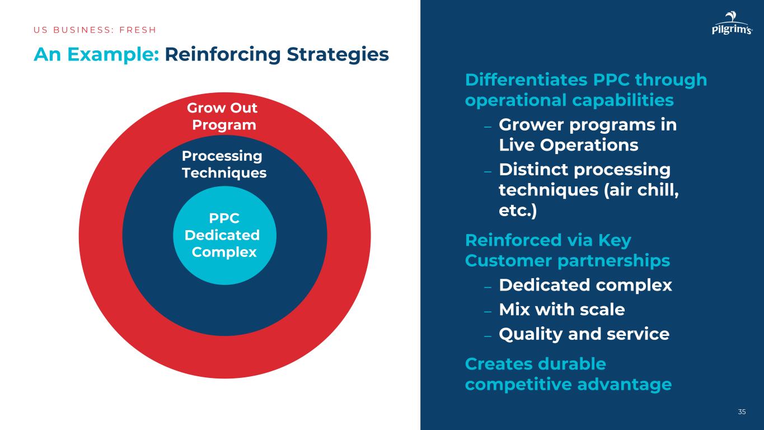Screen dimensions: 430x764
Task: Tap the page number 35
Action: point(742,412)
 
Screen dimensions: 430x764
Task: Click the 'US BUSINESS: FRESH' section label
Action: point(95,30)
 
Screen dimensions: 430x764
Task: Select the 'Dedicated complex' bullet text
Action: point(585,285)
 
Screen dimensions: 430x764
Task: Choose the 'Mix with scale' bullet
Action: point(561,309)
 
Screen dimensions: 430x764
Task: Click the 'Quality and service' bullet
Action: point(584,334)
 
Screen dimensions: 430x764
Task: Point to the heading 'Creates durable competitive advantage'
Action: point(568,374)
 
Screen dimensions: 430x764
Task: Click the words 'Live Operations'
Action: point(568,145)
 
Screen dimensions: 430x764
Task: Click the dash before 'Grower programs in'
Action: point(488,125)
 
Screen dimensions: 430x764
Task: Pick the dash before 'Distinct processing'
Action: point(488,170)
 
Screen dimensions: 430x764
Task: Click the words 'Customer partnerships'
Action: point(568,260)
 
